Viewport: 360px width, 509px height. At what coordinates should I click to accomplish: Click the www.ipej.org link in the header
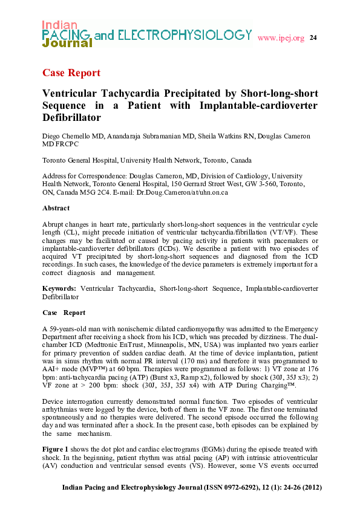coord(281,38)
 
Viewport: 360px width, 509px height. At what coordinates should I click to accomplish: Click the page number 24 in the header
coord(313,38)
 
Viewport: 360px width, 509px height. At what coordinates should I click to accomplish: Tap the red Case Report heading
coord(71,73)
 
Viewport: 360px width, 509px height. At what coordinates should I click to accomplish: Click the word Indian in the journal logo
coord(59,25)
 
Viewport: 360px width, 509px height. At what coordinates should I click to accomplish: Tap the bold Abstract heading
coord(56,208)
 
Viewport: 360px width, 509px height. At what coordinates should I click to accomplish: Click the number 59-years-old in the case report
coord(68,329)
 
